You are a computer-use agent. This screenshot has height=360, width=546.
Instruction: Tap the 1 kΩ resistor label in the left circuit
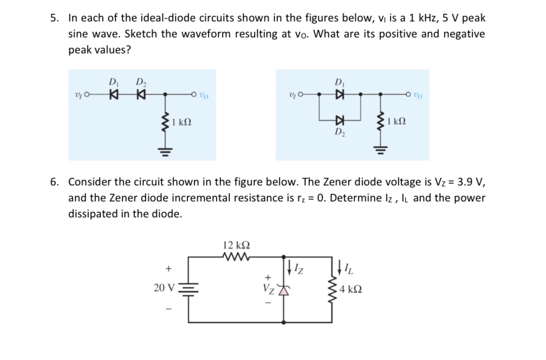(181, 123)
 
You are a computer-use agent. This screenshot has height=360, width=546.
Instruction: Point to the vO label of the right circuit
(418, 94)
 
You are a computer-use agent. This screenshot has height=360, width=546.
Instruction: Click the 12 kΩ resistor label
(236, 245)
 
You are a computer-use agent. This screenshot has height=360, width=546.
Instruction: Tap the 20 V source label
(164, 287)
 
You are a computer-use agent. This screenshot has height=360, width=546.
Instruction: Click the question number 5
(55, 18)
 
